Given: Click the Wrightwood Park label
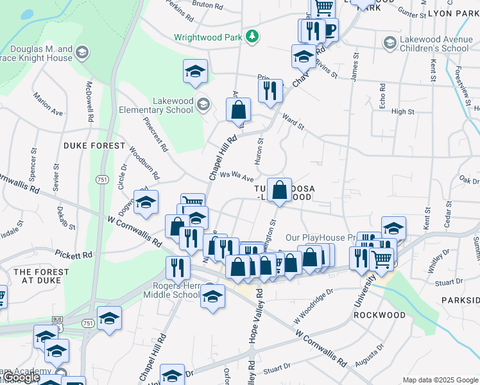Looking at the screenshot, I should point(208,37).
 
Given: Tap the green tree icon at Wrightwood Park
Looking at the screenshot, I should point(253,37).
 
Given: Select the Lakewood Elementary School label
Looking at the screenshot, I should point(155,105).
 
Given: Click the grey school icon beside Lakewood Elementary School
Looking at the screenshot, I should point(203,104).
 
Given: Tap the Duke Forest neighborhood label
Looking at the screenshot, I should point(94,146).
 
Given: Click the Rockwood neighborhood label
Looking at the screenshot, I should point(380,315).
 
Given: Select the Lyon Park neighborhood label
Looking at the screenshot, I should point(454,13).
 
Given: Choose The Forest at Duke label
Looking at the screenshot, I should point(42,277).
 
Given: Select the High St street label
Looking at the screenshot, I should point(402,112).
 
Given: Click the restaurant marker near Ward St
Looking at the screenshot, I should point(270,90).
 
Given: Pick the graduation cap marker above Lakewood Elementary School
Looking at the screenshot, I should point(195,72).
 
